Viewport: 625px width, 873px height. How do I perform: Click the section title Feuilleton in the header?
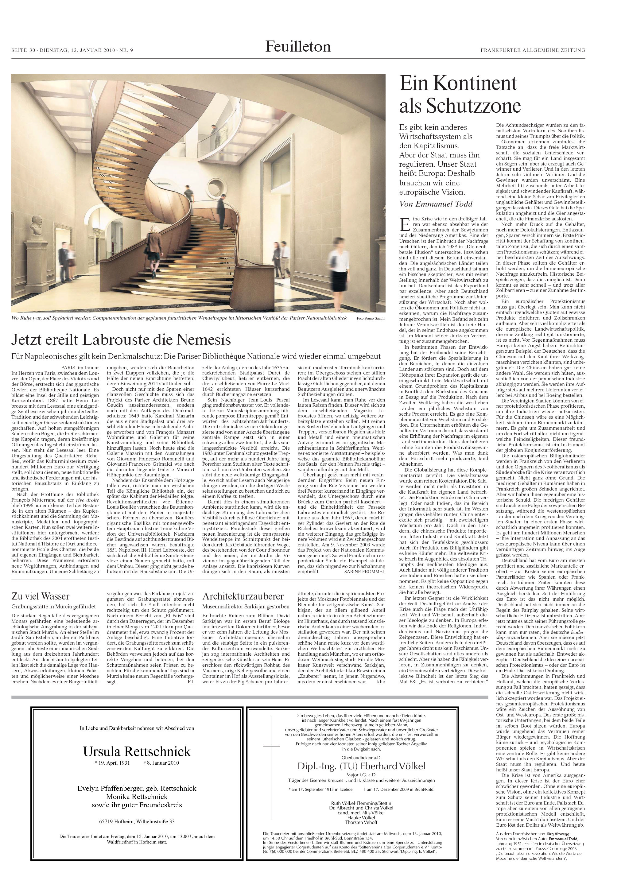click(297, 47)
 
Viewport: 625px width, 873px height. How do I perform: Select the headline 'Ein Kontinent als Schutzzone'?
click(460, 94)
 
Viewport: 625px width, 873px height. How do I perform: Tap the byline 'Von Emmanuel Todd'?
click(436, 204)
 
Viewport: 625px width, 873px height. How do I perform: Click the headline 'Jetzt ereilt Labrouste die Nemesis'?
click(121, 340)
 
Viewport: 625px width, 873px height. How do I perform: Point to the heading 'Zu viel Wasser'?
click(41, 596)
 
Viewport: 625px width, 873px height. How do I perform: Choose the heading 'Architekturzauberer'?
click(243, 596)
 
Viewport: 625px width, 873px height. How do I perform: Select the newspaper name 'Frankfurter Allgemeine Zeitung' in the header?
click(533, 50)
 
